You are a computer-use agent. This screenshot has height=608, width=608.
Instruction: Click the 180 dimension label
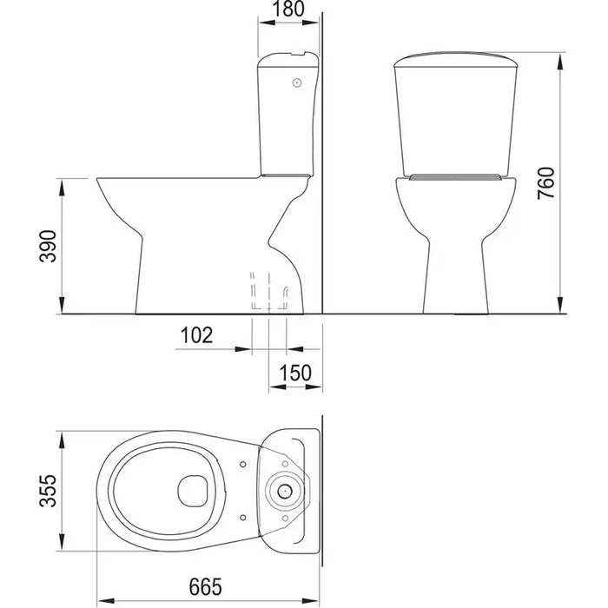click(x=288, y=10)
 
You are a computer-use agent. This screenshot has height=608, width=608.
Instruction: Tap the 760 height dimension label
click(x=546, y=183)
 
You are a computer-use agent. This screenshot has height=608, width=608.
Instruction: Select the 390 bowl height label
click(x=48, y=246)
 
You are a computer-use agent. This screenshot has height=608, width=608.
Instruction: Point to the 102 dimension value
click(x=197, y=335)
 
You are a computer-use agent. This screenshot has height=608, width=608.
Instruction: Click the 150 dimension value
click(x=295, y=373)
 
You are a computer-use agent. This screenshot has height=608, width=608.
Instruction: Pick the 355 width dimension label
click(x=48, y=491)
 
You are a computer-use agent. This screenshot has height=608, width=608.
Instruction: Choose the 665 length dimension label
click(x=206, y=586)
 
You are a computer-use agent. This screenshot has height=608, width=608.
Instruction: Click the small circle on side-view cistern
click(x=297, y=83)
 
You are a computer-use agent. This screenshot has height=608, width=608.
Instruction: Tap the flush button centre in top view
click(x=285, y=492)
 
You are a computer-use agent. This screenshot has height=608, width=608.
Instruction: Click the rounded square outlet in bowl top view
click(x=193, y=491)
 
